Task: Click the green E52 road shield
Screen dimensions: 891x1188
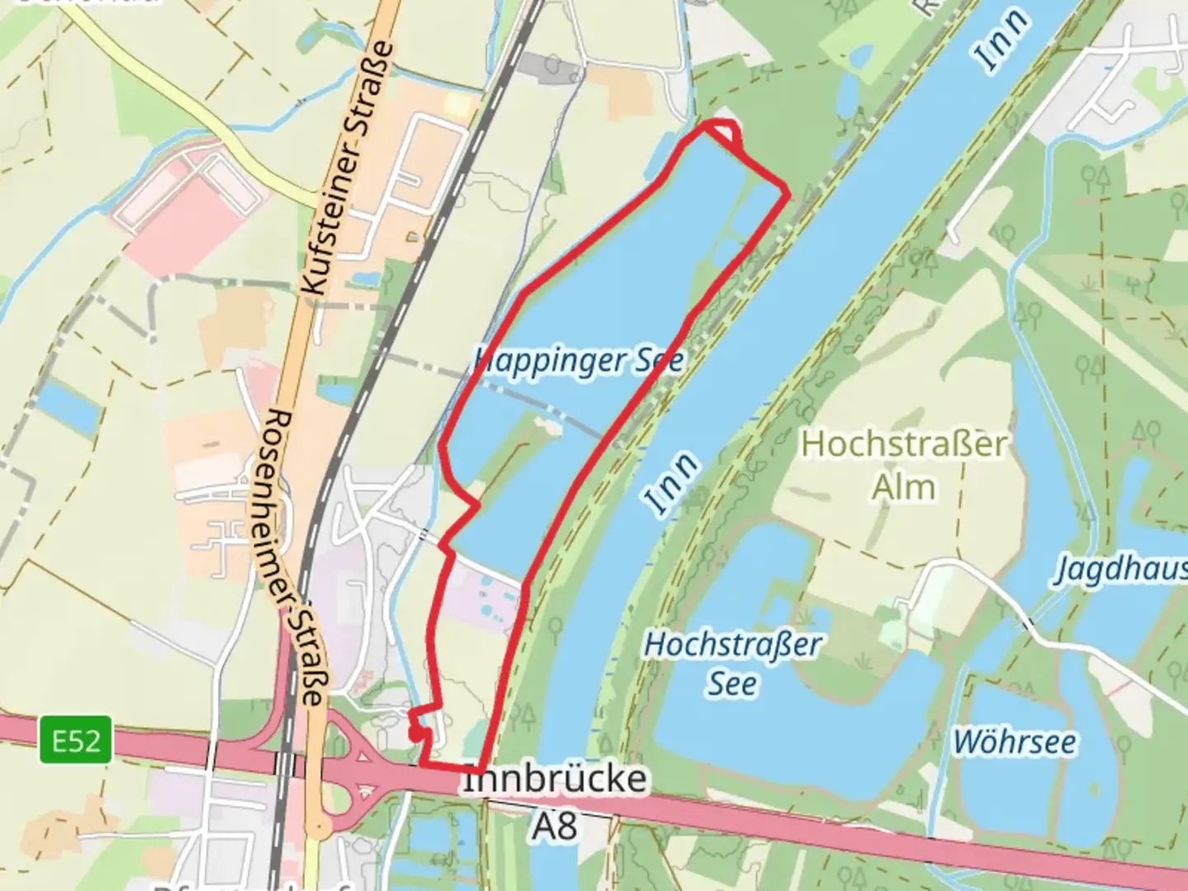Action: pyautogui.click(x=76, y=740)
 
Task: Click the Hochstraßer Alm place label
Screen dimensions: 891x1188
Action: pyautogui.click(x=903, y=466)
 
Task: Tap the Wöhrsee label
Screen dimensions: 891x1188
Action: pyautogui.click(x=1014, y=742)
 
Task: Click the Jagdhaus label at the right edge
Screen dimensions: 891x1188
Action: pyautogui.click(x=1122, y=569)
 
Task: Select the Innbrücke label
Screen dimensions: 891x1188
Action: pyautogui.click(x=554, y=780)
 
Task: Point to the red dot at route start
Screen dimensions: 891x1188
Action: pyautogui.click(x=414, y=731)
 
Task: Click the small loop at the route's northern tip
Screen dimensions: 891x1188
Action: pyautogui.click(x=722, y=132)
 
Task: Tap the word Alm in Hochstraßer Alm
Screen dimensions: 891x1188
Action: pyautogui.click(x=904, y=487)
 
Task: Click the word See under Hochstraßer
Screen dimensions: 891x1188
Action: pyautogui.click(x=733, y=684)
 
